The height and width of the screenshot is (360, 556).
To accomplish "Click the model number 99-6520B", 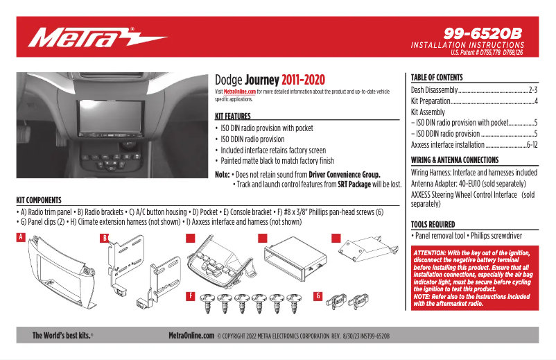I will [x=483, y=33].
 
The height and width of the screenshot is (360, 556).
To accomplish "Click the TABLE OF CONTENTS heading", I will [x=437, y=78].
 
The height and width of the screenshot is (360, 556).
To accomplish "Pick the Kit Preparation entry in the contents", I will [x=431, y=101].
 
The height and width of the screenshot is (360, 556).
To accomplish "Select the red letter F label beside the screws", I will [x=190, y=296].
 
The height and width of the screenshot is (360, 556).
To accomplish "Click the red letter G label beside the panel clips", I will [x=318, y=296].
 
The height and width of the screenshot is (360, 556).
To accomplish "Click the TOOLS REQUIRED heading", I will [x=433, y=225].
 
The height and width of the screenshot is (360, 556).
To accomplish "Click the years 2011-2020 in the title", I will [x=303, y=80].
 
